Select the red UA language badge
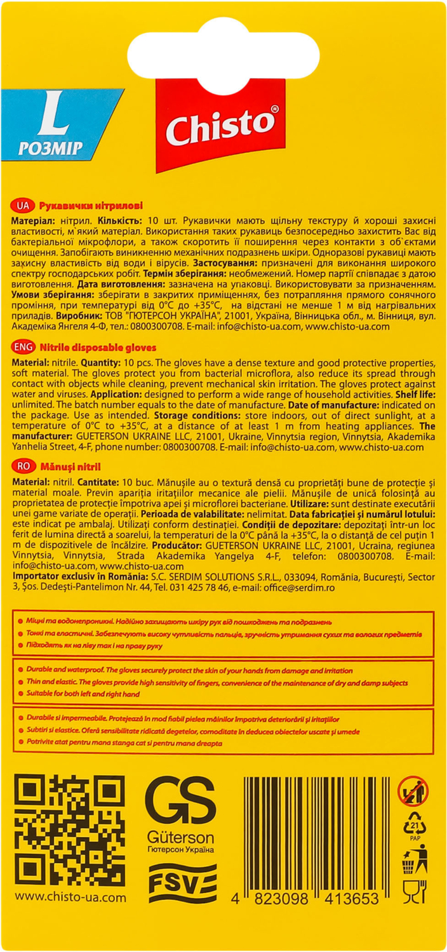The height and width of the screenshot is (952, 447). coord(22,206)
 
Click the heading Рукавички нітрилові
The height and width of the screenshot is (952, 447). coord(91,206)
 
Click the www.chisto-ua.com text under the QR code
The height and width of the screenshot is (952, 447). coord(70,898)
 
